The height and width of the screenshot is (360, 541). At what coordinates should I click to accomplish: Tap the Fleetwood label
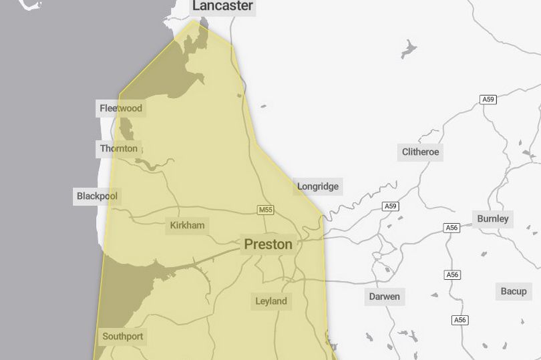(121, 108)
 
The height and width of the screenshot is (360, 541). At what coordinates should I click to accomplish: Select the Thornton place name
(119, 148)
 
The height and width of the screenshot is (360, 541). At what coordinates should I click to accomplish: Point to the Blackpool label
(97, 196)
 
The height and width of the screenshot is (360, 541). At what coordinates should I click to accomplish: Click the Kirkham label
(187, 225)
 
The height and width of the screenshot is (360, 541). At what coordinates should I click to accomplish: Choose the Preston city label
(268, 244)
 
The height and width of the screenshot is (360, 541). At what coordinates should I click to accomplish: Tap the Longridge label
(318, 186)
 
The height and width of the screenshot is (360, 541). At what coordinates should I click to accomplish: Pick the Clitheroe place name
(421, 152)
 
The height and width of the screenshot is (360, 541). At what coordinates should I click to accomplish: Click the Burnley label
(493, 218)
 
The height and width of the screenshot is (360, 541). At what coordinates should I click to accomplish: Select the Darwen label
(384, 296)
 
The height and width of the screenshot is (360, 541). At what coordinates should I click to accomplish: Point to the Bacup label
(514, 291)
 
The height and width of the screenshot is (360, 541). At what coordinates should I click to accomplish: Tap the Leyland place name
(271, 301)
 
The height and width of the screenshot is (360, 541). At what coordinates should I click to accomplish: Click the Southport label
(122, 336)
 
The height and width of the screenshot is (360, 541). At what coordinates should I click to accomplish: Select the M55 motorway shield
(266, 210)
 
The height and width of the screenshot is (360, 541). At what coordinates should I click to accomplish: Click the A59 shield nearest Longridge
(391, 206)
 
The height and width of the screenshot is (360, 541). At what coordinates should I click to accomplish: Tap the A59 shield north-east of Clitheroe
(488, 100)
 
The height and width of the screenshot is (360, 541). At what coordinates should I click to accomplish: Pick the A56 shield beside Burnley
(452, 228)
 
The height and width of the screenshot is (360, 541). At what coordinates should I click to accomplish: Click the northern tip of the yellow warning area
(194, 20)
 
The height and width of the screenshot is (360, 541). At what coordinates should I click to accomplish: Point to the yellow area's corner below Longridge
(323, 216)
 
